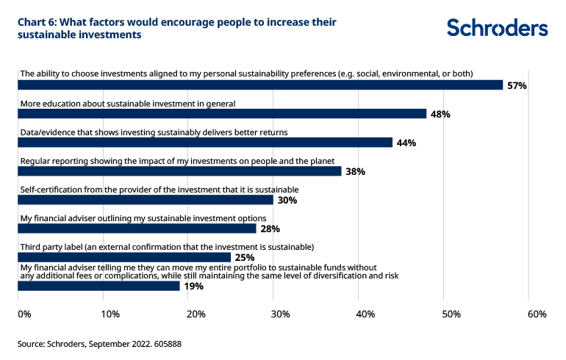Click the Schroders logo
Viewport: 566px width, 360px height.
coord(497,29)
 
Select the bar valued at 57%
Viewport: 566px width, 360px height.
coord(260,85)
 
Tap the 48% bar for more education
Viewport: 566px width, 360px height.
coord(222,114)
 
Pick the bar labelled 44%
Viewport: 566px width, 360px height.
coord(205,143)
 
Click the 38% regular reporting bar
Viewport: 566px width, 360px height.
coord(179,171)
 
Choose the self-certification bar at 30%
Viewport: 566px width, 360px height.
coord(146,200)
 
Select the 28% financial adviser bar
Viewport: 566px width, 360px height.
coord(137,228)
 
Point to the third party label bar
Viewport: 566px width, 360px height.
coord(124,257)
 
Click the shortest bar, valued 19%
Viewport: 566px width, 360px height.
coord(98,286)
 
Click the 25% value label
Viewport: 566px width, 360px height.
coord(244,258)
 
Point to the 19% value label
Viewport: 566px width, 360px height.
coord(193,287)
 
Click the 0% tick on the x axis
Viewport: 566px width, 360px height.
coord(24,314)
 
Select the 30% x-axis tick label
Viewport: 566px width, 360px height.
coord(280,314)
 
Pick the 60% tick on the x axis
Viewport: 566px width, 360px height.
coord(537,314)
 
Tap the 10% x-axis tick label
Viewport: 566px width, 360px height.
coord(110,314)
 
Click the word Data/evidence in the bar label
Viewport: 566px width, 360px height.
coord(50,132)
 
